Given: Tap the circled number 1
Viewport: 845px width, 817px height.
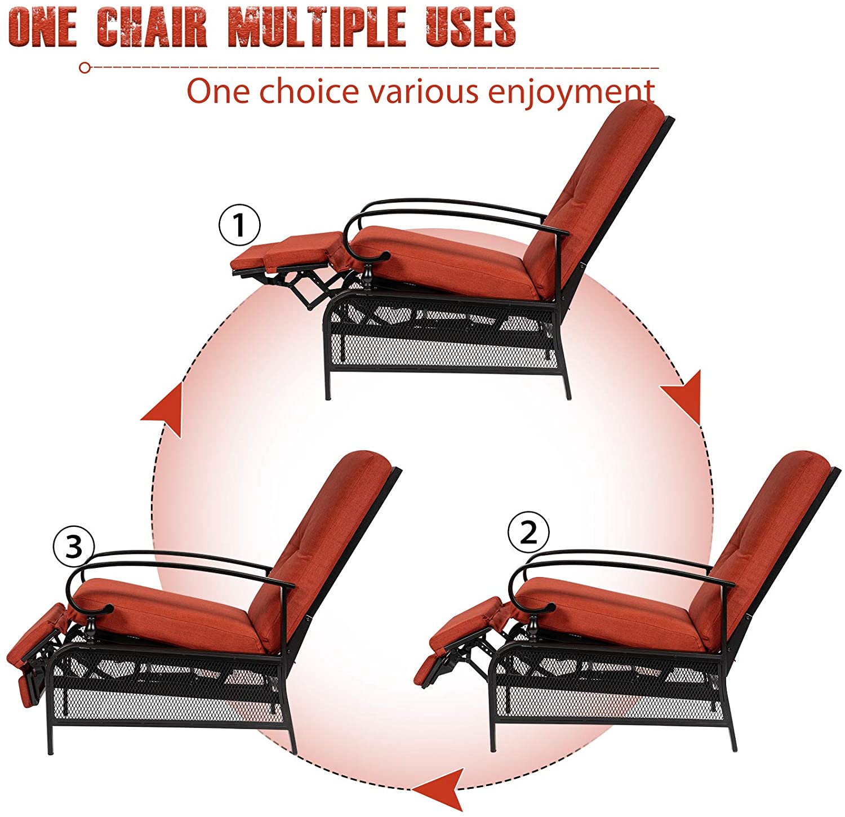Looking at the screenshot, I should (239, 226).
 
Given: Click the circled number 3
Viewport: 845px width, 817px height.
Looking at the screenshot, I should (74, 547).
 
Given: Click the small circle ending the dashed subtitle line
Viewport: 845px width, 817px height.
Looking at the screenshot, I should (84, 68).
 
